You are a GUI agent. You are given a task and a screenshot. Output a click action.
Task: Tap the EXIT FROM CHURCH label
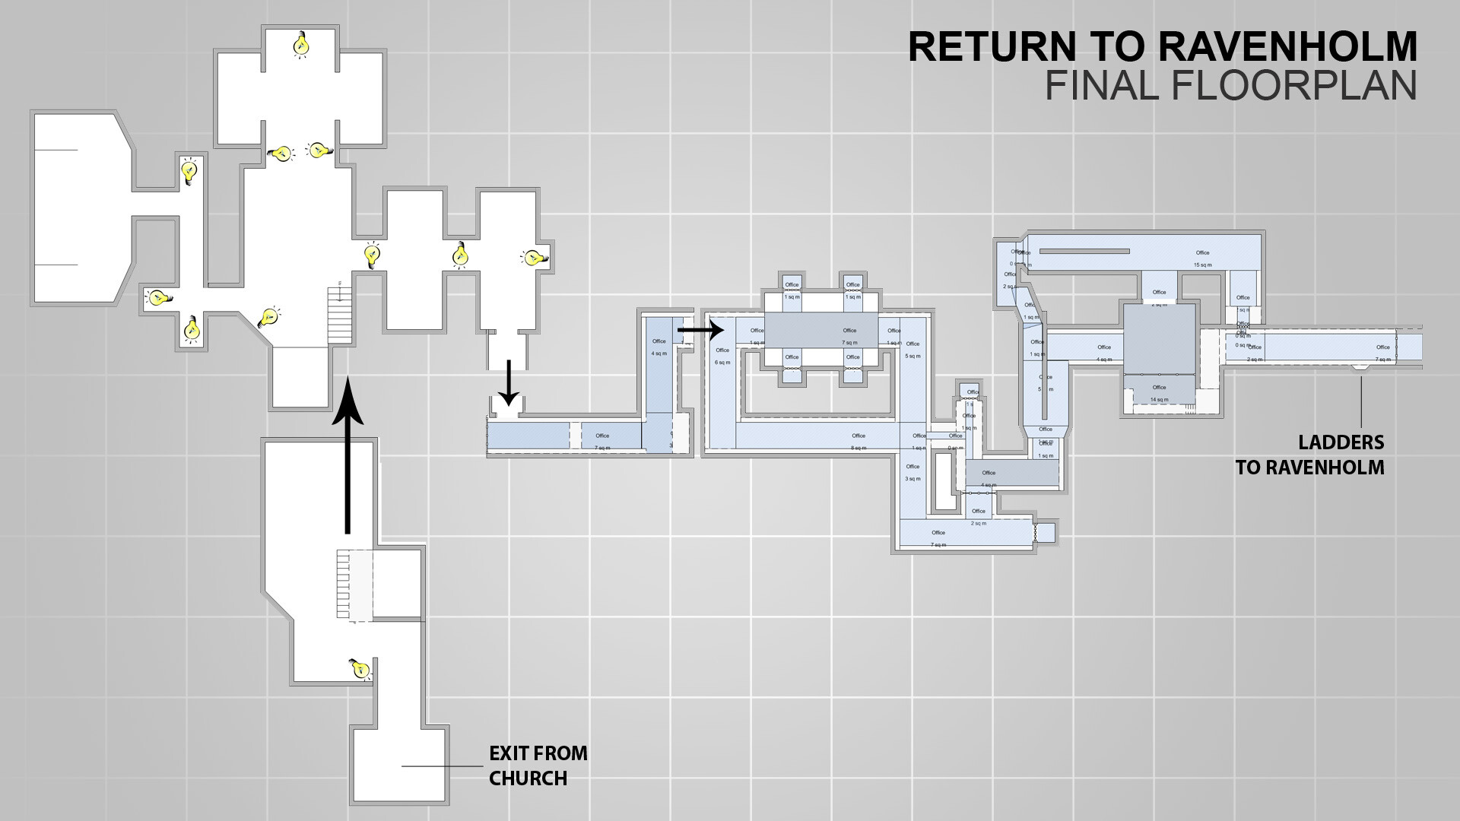(x=538, y=766)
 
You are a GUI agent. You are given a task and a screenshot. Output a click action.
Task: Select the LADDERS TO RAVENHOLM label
(x=1310, y=455)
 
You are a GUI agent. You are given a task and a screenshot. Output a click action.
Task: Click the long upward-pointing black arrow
(x=348, y=456)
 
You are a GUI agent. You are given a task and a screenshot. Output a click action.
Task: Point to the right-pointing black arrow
(x=700, y=330)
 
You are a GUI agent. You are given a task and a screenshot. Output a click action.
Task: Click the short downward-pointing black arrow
(x=509, y=384)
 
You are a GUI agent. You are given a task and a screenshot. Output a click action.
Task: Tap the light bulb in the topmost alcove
(x=302, y=45)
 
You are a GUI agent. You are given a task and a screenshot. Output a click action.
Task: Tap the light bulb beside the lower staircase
(x=359, y=668)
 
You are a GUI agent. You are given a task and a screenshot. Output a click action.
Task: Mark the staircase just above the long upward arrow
(x=340, y=315)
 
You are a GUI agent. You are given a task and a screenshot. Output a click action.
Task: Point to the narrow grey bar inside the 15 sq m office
(x=1084, y=251)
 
